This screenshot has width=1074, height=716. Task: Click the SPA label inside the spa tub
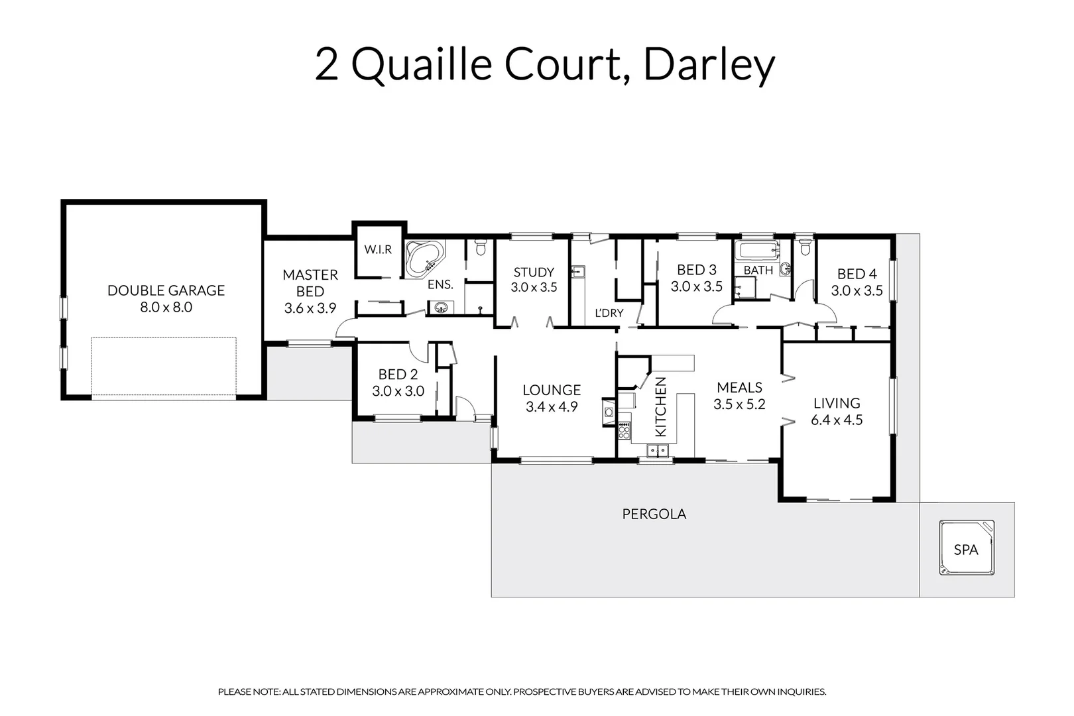pos(966,550)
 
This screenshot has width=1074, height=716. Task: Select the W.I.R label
pos(378,250)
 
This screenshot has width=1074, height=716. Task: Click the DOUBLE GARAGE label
pos(166,290)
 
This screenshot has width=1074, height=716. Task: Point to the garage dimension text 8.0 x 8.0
pos(166,308)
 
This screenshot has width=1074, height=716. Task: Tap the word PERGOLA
pos(654,514)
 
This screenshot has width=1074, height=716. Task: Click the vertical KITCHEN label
pos(661,407)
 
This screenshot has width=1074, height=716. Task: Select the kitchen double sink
pos(658,451)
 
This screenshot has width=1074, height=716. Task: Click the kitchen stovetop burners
pos(623,432)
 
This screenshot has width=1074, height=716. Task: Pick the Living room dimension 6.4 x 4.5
pos(837,420)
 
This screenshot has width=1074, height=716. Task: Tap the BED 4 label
pos(857,274)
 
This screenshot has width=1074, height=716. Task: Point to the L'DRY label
pos(608,313)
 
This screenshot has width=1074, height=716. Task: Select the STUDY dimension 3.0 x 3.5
pos(534,288)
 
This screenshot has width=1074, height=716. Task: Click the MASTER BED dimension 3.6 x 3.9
pos(310,308)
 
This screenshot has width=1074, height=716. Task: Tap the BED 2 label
pos(398,375)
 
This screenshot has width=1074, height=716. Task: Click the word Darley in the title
pos(709,65)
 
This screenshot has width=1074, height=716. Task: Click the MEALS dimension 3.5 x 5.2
pos(739,404)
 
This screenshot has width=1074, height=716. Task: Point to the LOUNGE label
pos(552,390)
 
